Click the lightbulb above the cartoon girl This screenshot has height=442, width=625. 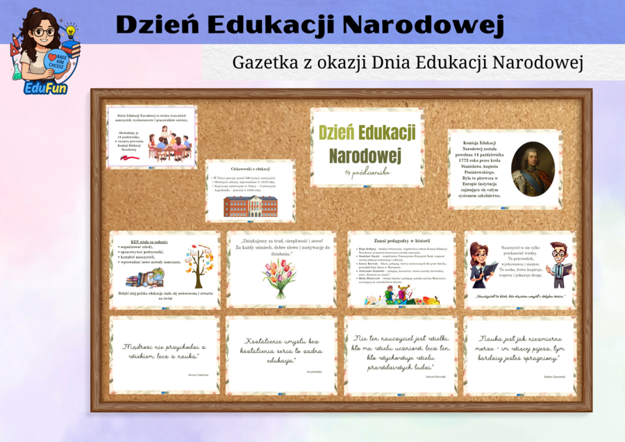(x=69, y=32)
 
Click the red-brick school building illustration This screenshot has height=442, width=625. (x=250, y=206)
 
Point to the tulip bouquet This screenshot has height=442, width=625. (x=279, y=278)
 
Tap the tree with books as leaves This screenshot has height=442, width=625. (x=200, y=268)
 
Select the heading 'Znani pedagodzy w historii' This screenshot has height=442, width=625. (x=402, y=240)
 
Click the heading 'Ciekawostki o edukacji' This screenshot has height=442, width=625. (x=250, y=169)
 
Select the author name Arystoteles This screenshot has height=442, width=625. (x=314, y=372)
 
